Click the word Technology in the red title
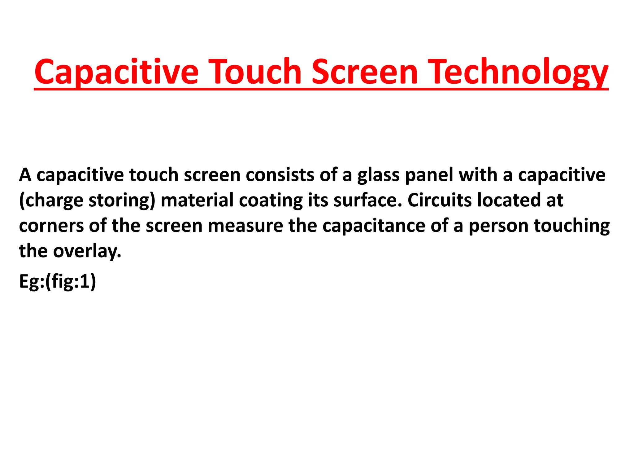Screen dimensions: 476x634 click(519, 72)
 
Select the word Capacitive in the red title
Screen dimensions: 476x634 click(116, 72)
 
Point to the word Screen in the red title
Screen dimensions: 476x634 click(365, 72)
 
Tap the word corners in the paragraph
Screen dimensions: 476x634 click(51, 226)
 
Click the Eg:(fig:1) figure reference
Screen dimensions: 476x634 click(58, 282)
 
